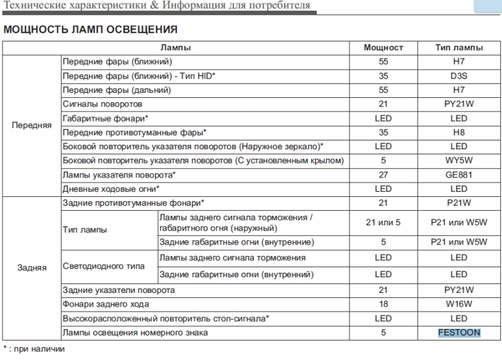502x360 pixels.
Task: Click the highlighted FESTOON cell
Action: point(459,332)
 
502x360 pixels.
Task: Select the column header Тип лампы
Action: point(459,48)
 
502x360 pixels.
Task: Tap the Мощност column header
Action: point(383,48)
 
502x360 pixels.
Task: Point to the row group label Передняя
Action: point(31,125)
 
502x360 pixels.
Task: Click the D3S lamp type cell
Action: point(459,76)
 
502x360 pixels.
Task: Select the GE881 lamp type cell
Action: point(459,175)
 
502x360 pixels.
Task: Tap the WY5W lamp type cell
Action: point(459,161)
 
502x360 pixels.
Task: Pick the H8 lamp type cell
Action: point(459,132)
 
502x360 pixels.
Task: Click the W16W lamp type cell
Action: point(459,304)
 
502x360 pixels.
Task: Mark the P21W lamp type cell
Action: point(459,203)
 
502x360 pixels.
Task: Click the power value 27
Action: point(383,175)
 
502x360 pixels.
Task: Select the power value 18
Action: point(383,304)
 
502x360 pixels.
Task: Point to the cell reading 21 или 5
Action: point(383,222)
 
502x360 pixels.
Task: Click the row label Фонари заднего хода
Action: point(105,304)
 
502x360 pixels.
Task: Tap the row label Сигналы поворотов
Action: point(103,104)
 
